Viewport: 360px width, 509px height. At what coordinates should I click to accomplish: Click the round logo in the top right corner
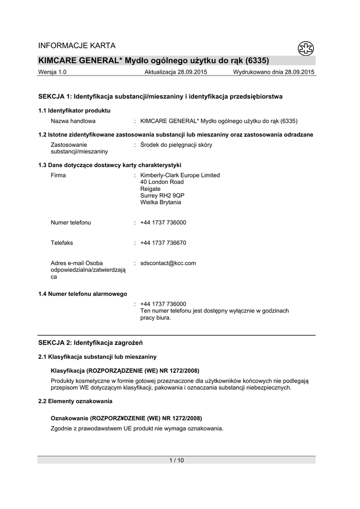click(305, 48)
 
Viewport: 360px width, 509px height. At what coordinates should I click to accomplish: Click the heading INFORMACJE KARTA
click(77, 46)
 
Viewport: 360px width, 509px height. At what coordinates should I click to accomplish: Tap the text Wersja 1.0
click(52, 72)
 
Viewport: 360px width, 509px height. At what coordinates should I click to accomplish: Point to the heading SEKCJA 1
click(160, 96)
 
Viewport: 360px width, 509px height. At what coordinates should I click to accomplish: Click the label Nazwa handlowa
click(73, 121)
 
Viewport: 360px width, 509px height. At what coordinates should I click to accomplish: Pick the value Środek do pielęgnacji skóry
click(177, 145)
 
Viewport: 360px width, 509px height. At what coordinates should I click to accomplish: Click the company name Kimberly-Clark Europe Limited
click(180, 175)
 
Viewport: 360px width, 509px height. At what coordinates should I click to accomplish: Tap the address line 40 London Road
click(162, 182)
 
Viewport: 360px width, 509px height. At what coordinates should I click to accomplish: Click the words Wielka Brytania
click(161, 203)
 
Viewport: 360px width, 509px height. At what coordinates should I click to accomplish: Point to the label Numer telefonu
click(71, 223)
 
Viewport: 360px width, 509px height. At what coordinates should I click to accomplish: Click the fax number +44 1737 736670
click(163, 243)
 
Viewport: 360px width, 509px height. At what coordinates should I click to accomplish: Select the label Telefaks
click(62, 243)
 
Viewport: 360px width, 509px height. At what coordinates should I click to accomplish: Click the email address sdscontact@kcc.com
click(168, 263)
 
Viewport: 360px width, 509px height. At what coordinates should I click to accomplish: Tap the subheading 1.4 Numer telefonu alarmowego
click(83, 294)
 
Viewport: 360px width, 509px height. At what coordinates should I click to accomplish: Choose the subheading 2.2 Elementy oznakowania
click(75, 401)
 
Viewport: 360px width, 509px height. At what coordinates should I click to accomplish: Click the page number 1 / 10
click(177, 460)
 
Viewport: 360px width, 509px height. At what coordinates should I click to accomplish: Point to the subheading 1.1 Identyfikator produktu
click(74, 110)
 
